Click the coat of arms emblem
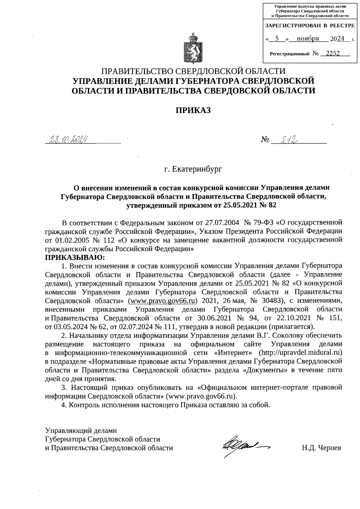click(x=193, y=49)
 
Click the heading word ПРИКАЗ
click(x=193, y=110)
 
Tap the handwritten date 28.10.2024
click(x=67, y=139)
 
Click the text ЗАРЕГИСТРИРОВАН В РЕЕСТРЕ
click(x=310, y=26)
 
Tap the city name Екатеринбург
click(x=197, y=169)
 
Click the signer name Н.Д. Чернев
click(x=321, y=448)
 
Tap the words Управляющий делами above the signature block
click(x=81, y=431)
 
